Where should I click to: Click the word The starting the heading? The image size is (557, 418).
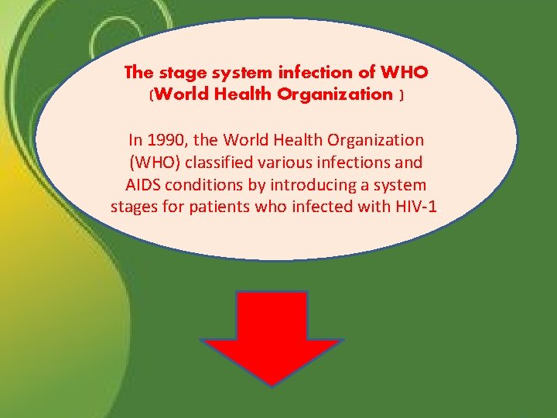click(139, 73)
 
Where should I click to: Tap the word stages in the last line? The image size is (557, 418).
click(132, 207)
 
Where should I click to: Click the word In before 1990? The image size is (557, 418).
click(136, 141)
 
